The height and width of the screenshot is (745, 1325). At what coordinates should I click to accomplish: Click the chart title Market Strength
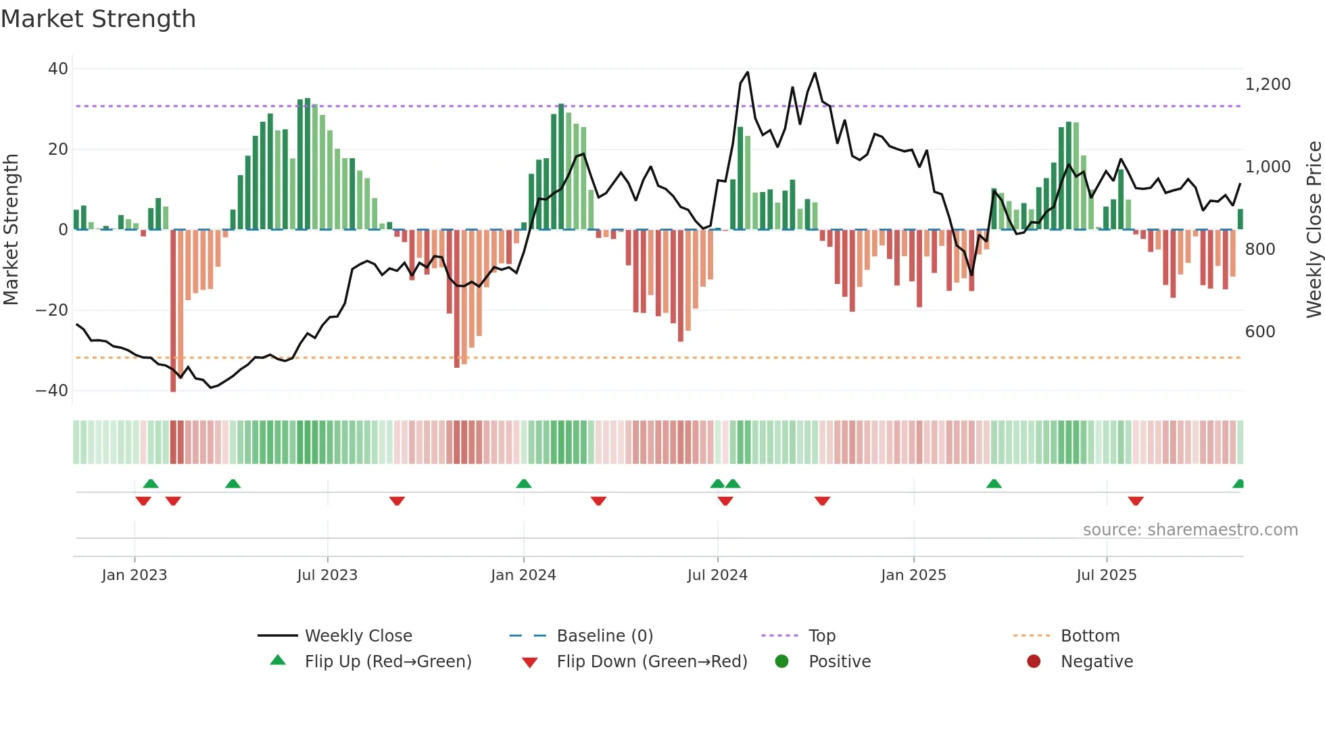tap(98, 19)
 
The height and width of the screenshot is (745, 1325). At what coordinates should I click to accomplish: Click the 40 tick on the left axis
tap(58, 69)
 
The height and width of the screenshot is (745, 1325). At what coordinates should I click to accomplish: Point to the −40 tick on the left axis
tap(52, 391)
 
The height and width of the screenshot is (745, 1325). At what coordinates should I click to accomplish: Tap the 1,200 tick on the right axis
tap(1268, 85)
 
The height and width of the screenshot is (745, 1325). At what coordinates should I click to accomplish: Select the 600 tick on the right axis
tap(1260, 332)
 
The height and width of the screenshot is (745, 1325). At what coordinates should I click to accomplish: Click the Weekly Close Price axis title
tap(1314, 230)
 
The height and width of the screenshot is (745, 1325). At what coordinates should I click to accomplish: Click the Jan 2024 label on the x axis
tap(523, 575)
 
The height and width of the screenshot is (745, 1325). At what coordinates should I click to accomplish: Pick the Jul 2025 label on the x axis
tap(1106, 575)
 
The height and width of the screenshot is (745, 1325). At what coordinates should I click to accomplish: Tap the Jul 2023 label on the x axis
tap(327, 575)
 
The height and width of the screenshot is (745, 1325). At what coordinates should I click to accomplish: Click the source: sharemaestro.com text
tap(1190, 530)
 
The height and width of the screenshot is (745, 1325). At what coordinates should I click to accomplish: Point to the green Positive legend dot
tap(781, 662)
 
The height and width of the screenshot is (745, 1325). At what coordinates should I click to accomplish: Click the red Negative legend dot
tap(1034, 662)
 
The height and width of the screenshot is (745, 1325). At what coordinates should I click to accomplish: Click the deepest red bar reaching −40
tap(173, 311)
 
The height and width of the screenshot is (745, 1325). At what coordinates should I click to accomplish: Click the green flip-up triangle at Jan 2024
tap(523, 483)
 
